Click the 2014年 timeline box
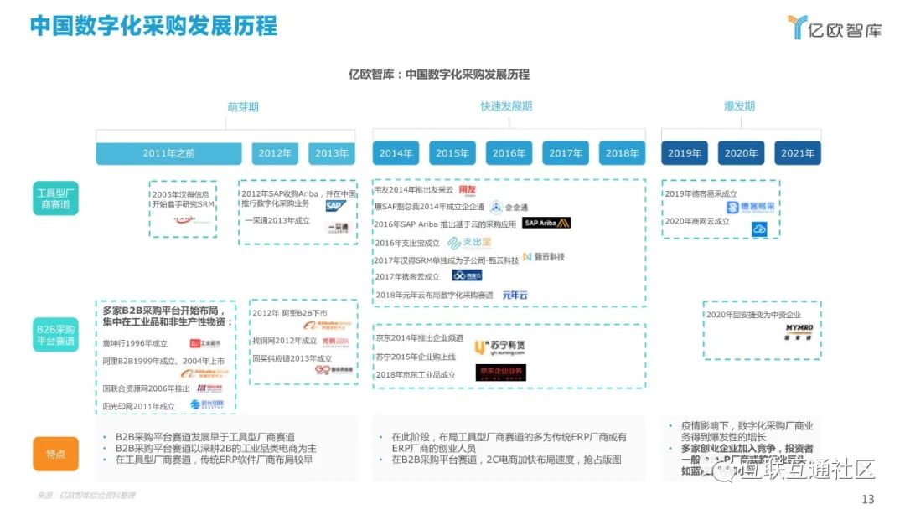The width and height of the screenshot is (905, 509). (x=396, y=153)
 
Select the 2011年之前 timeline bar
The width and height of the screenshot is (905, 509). (x=168, y=153)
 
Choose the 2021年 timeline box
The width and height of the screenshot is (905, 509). (x=797, y=153)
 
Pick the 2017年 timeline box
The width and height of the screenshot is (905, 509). (x=566, y=153)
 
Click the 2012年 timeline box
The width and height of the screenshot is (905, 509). (x=275, y=153)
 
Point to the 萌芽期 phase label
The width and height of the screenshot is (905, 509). (x=243, y=106)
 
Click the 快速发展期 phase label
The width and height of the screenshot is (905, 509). (x=506, y=106)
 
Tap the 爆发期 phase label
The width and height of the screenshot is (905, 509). (x=739, y=106)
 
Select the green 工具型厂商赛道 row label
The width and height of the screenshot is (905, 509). (x=55, y=198)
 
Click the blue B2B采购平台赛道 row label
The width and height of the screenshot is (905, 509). (x=55, y=336)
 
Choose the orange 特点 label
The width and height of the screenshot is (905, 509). (x=55, y=454)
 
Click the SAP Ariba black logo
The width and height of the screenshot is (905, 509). (x=546, y=223)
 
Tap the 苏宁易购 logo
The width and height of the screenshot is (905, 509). (x=500, y=347)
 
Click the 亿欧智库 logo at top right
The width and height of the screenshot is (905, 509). (x=835, y=28)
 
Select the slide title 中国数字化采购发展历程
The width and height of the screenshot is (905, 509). (x=153, y=26)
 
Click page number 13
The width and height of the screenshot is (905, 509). (x=867, y=499)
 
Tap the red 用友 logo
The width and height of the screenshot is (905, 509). (x=467, y=189)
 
